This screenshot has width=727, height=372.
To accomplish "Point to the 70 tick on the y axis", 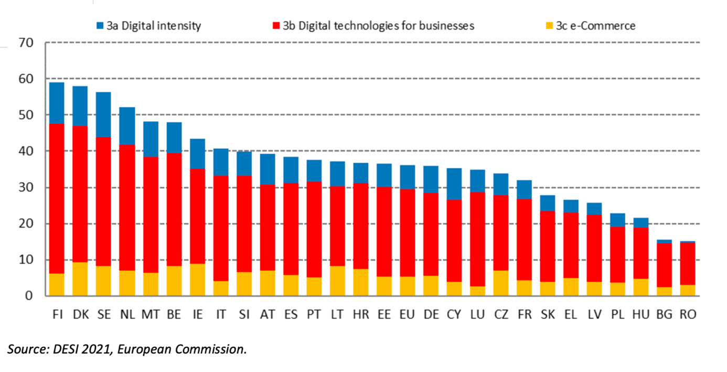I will click(x=26, y=43).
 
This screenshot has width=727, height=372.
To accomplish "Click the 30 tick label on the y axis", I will click(x=26, y=188).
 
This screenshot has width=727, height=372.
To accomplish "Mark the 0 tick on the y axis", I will click(x=29, y=296).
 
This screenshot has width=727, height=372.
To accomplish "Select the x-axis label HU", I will click(x=642, y=314).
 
